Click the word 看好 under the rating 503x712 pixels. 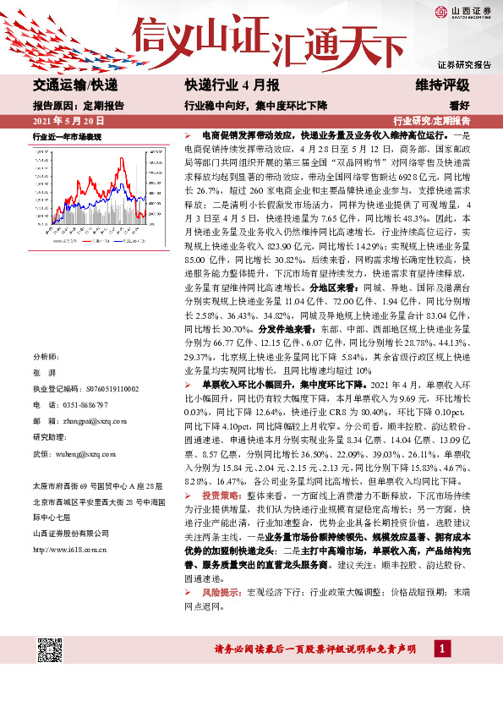point(460,106)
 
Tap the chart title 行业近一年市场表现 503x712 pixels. point(67,135)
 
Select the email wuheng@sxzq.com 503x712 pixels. point(80,453)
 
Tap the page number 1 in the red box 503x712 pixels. point(441,649)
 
